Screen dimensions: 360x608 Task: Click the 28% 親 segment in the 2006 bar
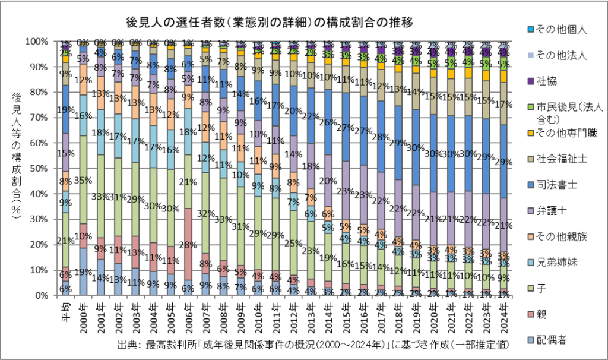click(x=188, y=244)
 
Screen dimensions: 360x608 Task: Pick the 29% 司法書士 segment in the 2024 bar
click(x=503, y=162)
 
